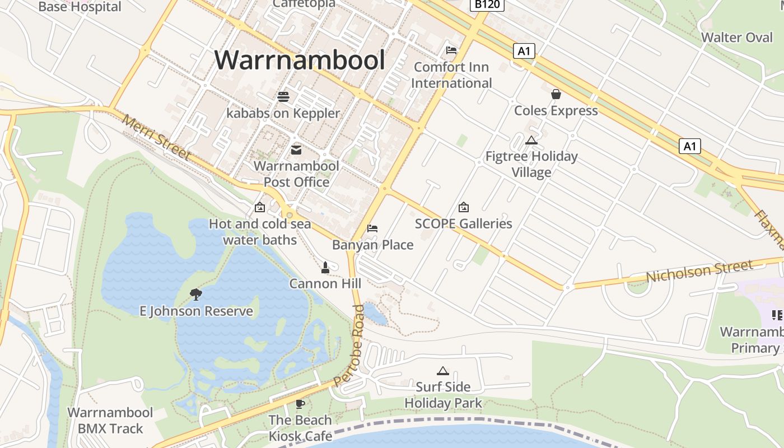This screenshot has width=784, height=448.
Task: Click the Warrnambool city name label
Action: (300, 60)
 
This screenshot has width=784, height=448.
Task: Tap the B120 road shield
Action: (487, 5)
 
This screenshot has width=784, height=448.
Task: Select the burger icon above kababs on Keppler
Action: (283, 96)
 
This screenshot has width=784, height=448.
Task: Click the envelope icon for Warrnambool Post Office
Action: (296, 150)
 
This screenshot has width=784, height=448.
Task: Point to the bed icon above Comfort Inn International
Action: (451, 50)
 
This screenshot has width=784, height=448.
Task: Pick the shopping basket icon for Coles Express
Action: (556, 94)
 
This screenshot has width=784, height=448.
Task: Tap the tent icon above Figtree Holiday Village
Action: (531, 140)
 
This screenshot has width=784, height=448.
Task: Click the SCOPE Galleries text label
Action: (464, 223)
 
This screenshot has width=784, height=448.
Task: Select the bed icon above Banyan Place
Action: (372, 228)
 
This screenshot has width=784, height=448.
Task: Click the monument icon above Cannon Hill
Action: (325, 268)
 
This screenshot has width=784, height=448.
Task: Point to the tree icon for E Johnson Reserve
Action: (196, 294)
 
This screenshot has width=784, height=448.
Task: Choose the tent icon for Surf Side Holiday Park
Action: (443, 371)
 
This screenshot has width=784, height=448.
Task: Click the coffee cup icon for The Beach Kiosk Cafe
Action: (300, 404)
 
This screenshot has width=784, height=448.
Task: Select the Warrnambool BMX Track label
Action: (110, 421)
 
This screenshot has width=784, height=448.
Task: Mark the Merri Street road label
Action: (156, 138)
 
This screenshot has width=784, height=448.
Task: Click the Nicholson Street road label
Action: (699, 272)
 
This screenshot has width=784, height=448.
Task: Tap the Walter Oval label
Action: (737, 38)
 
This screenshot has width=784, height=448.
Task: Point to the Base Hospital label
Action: (80, 7)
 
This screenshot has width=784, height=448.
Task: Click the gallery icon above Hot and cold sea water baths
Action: (260, 208)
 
